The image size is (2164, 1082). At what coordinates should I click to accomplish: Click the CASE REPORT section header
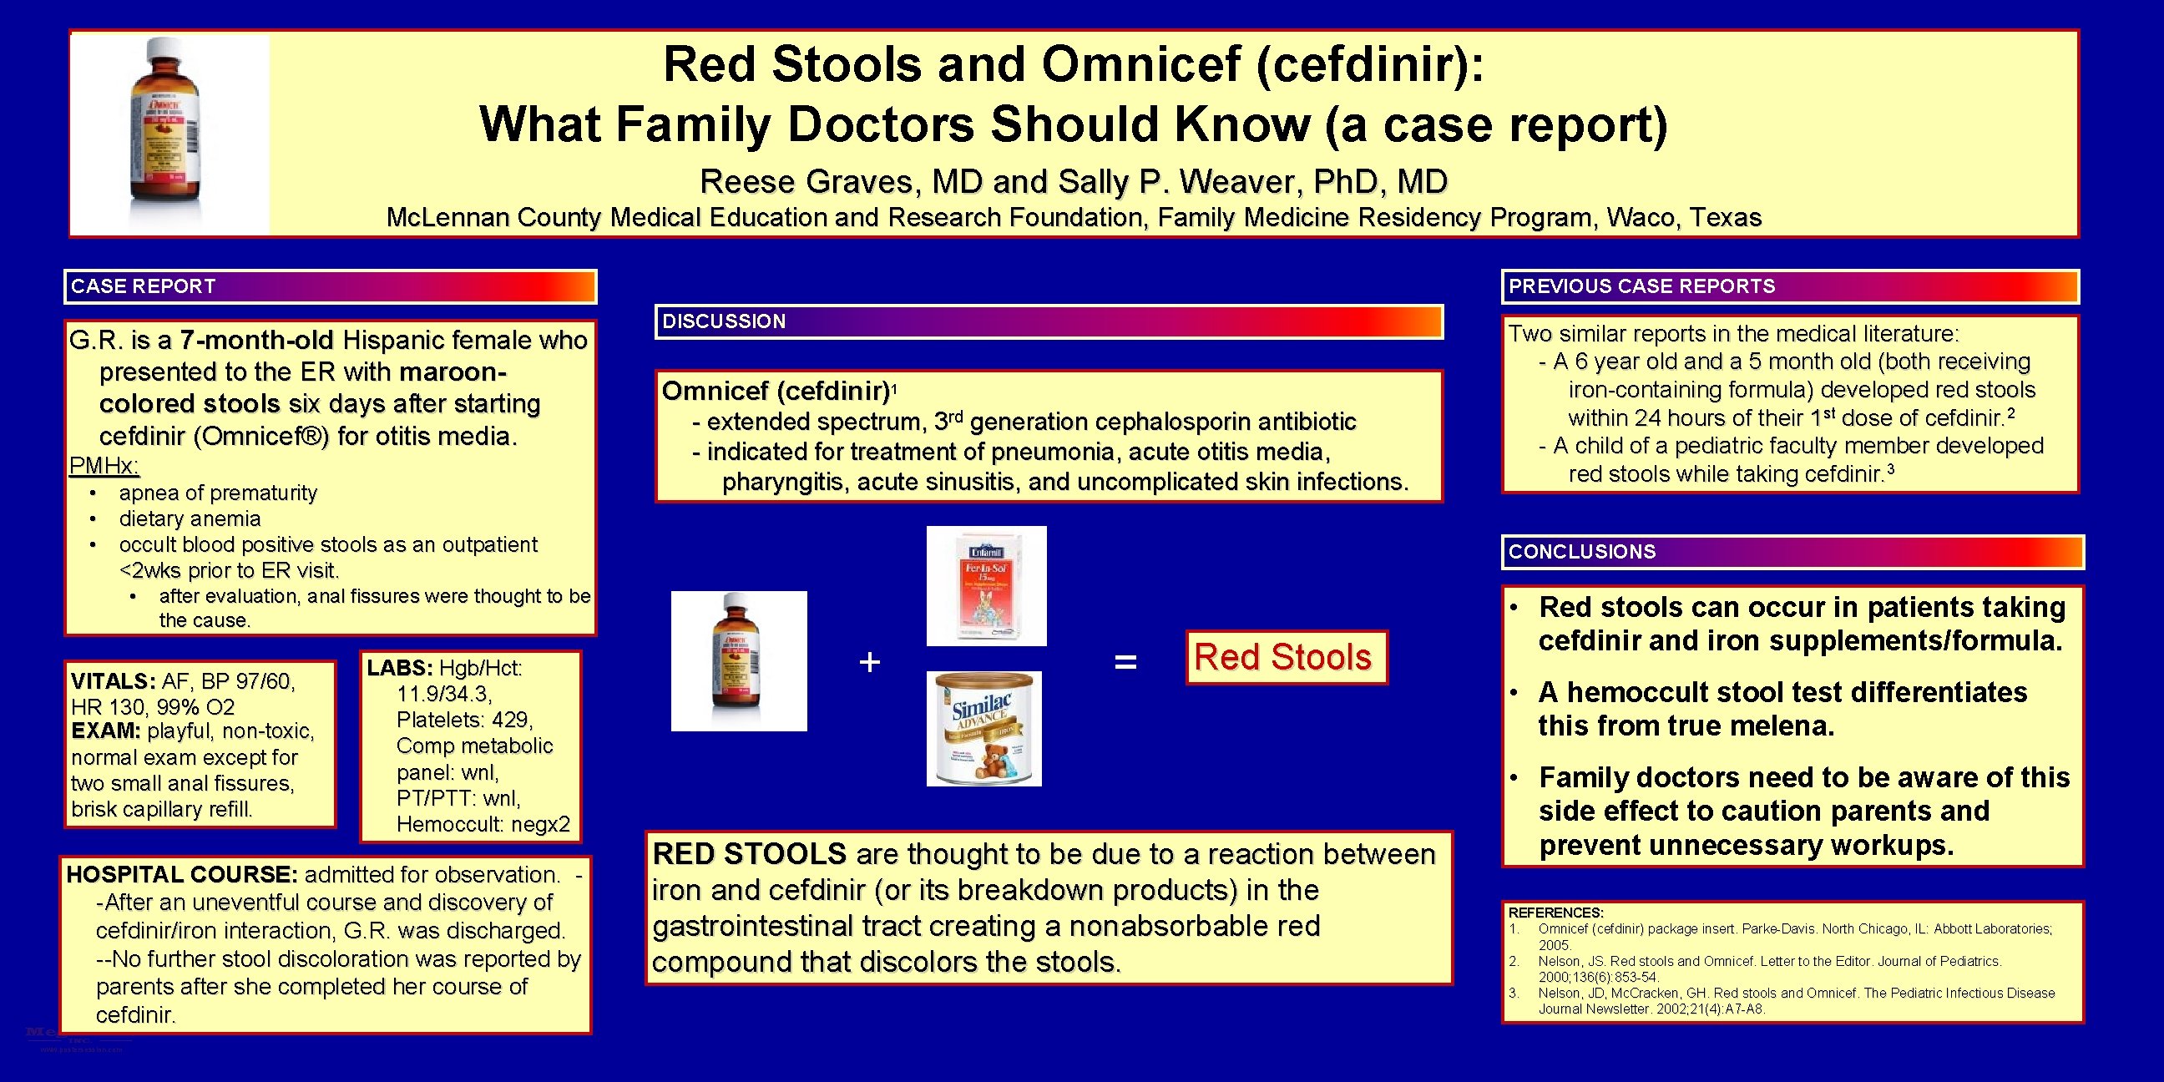[x=143, y=286]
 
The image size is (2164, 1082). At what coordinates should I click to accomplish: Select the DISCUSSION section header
[x=723, y=321]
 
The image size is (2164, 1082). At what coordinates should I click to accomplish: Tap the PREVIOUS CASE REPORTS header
[x=1641, y=286]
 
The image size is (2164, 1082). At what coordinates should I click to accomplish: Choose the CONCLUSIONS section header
[x=1582, y=552]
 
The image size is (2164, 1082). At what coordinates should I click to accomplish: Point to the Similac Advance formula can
[x=983, y=728]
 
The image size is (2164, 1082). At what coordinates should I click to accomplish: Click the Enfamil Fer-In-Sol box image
[x=986, y=585]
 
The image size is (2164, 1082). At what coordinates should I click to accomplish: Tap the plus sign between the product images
[x=869, y=662]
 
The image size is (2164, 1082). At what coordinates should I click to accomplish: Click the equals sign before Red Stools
[x=1125, y=662]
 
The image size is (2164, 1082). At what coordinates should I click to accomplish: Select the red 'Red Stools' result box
[x=1286, y=658]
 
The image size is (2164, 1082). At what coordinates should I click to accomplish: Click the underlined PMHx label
[x=104, y=466]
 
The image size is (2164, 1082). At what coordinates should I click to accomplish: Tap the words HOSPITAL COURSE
[x=181, y=874]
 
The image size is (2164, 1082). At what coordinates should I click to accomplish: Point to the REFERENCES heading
[x=1555, y=913]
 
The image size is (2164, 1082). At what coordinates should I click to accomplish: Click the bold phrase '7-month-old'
[x=257, y=341]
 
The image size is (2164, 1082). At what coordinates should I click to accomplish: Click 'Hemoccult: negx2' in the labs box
[x=483, y=824]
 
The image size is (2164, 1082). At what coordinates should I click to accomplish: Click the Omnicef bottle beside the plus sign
[x=738, y=661]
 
